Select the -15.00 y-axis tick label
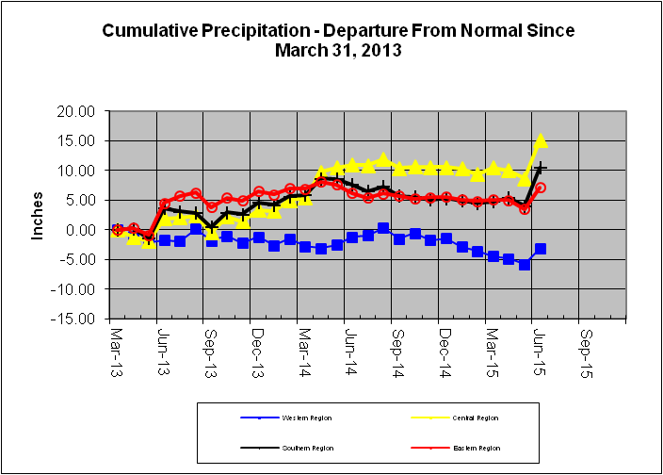click(x=75, y=319)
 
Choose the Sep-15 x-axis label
click(x=585, y=348)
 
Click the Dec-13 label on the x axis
click(x=257, y=348)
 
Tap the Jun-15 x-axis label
click(x=538, y=348)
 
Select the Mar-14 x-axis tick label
click(x=304, y=348)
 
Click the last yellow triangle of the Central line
click(x=541, y=140)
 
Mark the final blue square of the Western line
click(x=541, y=249)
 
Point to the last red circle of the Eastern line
click(x=541, y=188)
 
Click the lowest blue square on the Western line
click(x=525, y=265)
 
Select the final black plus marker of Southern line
click(x=541, y=168)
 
